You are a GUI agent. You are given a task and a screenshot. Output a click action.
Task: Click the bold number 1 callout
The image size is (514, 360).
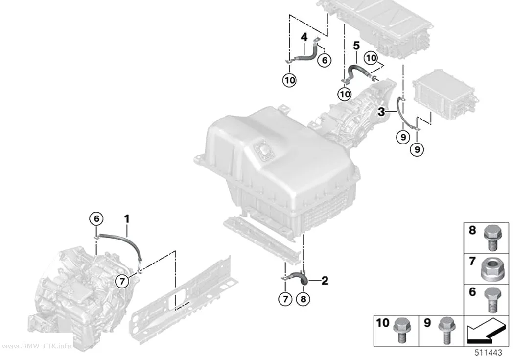pyautogui.click(x=127, y=218)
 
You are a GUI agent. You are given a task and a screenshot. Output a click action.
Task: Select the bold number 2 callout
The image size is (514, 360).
pyautogui.click(x=325, y=281)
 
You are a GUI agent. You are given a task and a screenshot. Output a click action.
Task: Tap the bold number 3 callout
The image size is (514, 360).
pyautogui.click(x=381, y=112)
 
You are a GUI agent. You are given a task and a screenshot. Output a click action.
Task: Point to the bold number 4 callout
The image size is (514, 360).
pyautogui.click(x=304, y=37)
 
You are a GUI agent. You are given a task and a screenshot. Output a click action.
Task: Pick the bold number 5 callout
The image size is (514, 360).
pyautogui.click(x=356, y=46)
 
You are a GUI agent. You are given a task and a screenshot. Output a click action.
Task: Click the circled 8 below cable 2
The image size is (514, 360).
pyautogui.click(x=303, y=299)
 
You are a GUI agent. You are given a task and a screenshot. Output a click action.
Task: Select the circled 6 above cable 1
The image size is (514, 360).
pyautogui.click(x=96, y=218)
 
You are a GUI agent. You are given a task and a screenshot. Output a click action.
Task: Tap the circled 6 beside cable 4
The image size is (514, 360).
pyautogui.click(x=325, y=60)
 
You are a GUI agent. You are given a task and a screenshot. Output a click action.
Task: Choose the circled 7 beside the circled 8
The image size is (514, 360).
pyautogui.click(x=285, y=299)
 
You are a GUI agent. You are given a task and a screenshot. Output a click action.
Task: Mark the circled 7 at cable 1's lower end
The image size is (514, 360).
pyautogui.click(x=122, y=281)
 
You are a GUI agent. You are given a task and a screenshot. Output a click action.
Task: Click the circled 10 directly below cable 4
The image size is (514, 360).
pyautogui.click(x=289, y=80)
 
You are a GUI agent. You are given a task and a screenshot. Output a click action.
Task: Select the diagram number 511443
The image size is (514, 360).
pyautogui.click(x=489, y=353)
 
